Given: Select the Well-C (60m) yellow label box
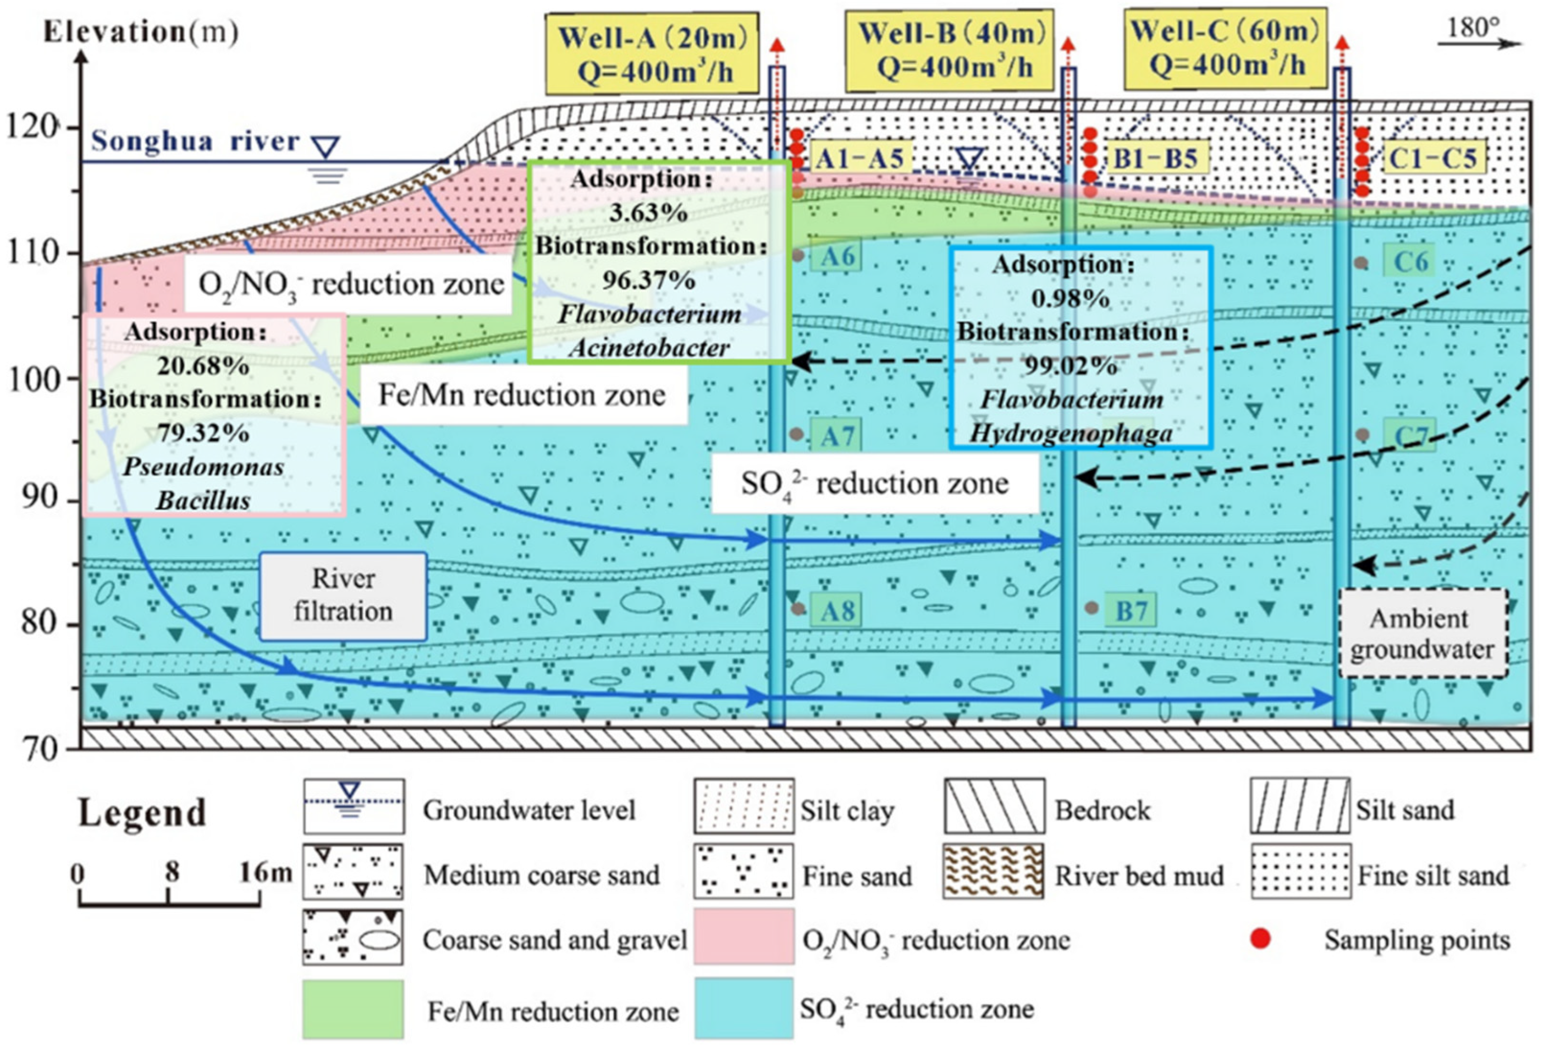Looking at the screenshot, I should click(1224, 50).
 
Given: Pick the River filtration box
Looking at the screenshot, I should click(343, 596).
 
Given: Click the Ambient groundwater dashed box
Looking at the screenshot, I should click(1422, 634).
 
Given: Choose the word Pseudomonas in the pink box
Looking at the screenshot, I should click(204, 467).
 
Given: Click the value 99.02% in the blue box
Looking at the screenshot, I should click(1071, 365).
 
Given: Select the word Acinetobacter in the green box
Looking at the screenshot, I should click(649, 348).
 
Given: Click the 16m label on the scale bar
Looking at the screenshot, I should click(264, 872).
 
